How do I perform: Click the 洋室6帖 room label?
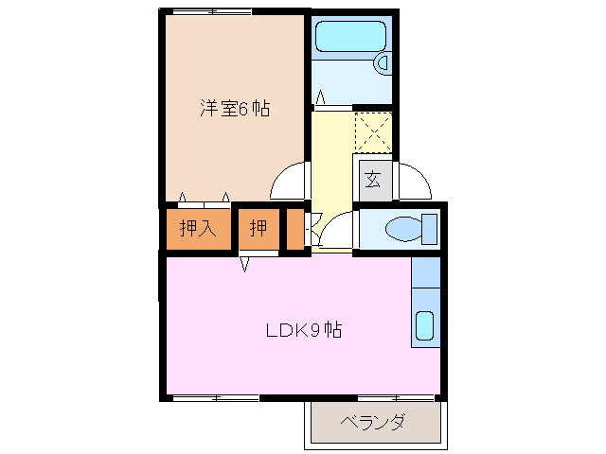pos(234,108)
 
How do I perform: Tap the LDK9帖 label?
pos(302,331)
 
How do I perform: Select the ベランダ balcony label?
pos(372,422)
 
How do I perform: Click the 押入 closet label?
pos(198,228)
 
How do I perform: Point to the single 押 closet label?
pos(258,228)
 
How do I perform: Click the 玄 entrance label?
pos(372,178)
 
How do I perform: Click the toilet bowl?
pos(401,229)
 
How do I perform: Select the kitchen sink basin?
pos(425,326)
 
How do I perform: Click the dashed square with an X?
pos(371,131)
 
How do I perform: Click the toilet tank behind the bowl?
pos(430,229)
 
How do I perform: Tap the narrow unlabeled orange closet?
pos(295,229)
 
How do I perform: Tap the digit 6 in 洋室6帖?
pos(242,109)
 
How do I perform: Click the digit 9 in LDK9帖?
pos(315,331)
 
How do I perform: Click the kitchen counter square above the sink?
pos(425,276)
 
